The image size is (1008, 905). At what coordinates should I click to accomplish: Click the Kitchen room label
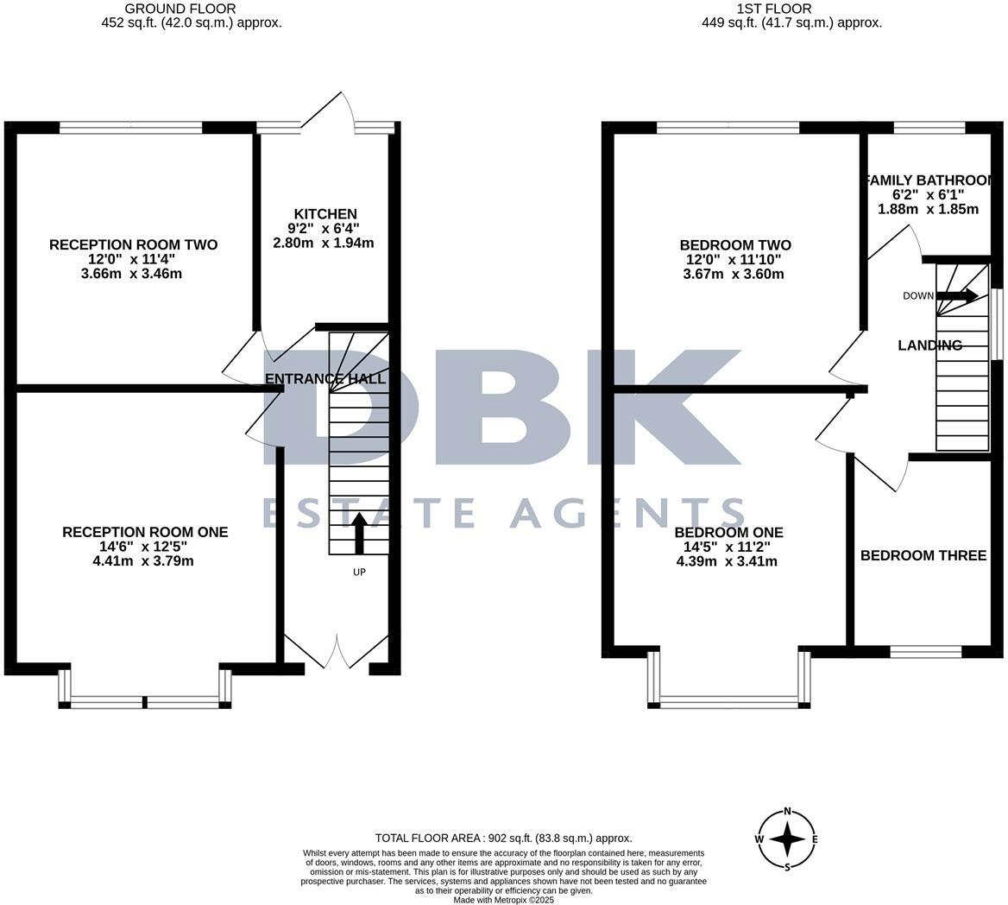(x=325, y=214)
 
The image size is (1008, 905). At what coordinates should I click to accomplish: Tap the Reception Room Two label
(x=133, y=245)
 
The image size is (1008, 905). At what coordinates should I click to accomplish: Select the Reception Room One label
(x=145, y=532)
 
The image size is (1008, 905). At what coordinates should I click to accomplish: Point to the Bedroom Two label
(x=735, y=245)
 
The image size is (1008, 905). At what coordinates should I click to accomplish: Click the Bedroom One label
(x=728, y=532)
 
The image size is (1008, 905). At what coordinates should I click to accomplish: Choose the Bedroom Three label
(x=923, y=555)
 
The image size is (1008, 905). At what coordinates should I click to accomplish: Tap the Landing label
(x=929, y=345)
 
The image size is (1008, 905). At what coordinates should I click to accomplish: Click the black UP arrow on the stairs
(x=359, y=534)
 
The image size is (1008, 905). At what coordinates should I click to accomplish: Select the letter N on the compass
(x=787, y=812)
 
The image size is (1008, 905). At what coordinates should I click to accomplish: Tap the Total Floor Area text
(x=503, y=838)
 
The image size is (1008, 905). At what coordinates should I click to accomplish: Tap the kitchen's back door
(x=328, y=117)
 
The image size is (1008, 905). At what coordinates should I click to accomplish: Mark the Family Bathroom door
(x=894, y=244)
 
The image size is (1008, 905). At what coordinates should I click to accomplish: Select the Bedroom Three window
(x=925, y=651)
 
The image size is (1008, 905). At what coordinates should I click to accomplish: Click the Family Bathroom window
(x=929, y=128)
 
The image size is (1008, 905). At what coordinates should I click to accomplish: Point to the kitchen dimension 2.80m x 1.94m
(x=324, y=243)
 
